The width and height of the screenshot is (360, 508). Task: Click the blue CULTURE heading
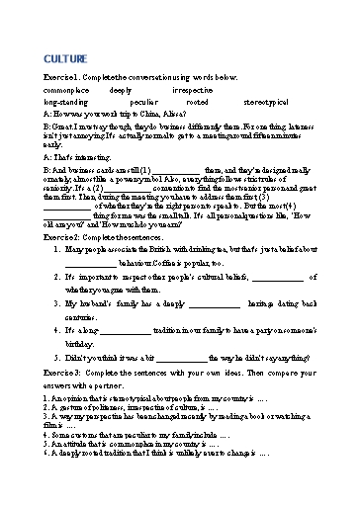[x=68, y=58]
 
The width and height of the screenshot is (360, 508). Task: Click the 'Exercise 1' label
[x=61, y=76]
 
